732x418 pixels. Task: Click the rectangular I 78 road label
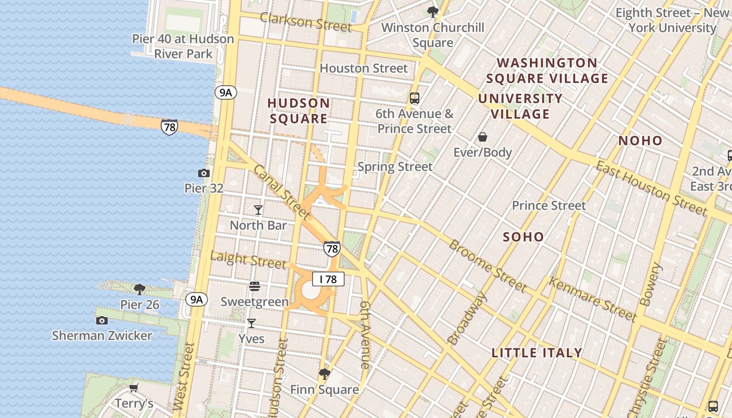click(x=328, y=279)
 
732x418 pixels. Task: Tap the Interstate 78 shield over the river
click(x=169, y=127)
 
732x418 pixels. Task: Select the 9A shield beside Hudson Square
click(x=225, y=92)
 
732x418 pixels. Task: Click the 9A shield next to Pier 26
click(x=196, y=299)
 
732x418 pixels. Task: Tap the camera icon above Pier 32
click(x=204, y=173)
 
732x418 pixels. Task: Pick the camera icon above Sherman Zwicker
click(x=102, y=320)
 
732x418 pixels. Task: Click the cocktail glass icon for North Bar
click(x=258, y=210)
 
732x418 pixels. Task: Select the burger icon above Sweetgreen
click(x=255, y=286)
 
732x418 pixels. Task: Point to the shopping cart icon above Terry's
click(x=134, y=388)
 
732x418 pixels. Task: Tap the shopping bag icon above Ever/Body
click(x=483, y=137)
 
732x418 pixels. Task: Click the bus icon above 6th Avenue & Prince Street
click(x=415, y=98)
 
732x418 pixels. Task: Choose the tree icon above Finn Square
click(x=325, y=374)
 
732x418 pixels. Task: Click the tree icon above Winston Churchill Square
click(x=432, y=11)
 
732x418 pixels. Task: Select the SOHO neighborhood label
click(x=523, y=237)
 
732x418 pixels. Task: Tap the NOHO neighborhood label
click(x=641, y=141)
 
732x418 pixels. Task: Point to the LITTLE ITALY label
click(x=537, y=353)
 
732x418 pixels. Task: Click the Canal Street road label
click(x=282, y=192)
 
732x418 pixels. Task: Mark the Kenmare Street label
click(x=592, y=299)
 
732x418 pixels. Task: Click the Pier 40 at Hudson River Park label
click(x=183, y=46)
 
